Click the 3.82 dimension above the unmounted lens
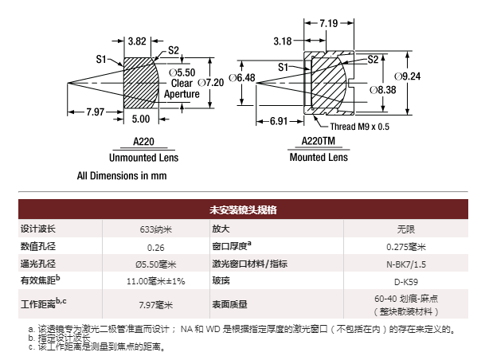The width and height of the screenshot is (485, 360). [137, 41]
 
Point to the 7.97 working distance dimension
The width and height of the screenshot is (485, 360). [96, 112]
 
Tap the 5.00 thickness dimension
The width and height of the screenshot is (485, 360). [141, 119]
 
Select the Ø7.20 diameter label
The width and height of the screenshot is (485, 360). [210, 83]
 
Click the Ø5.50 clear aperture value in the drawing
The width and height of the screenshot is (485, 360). [182, 72]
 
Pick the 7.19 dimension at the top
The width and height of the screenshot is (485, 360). [328, 23]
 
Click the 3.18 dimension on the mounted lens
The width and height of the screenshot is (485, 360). [283, 41]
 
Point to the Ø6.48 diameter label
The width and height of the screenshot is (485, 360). [242, 78]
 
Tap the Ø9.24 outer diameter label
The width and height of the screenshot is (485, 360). [408, 76]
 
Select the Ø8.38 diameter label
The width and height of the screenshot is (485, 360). [383, 90]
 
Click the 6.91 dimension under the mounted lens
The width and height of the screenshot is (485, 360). [279, 121]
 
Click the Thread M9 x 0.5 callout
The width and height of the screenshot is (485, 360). [360, 127]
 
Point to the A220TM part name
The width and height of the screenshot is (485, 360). [319, 141]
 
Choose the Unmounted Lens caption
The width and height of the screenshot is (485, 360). [144, 158]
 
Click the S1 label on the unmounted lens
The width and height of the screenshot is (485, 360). [101, 59]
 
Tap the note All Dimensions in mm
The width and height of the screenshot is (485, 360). [122, 176]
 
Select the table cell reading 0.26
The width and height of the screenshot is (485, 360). [156, 248]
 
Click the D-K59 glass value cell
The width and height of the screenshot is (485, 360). [406, 282]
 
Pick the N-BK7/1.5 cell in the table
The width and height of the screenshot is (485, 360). [406, 264]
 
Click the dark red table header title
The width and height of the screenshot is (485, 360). [243, 209]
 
